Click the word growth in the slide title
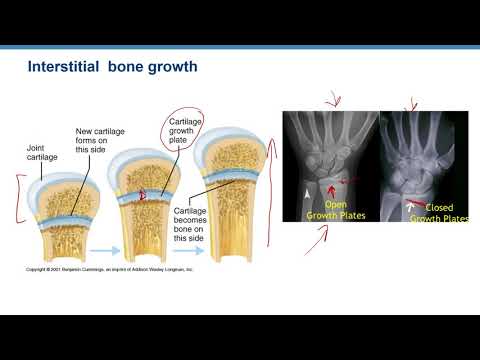pyautogui.click(x=176, y=69)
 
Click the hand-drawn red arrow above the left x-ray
pyautogui.click(x=331, y=100)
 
